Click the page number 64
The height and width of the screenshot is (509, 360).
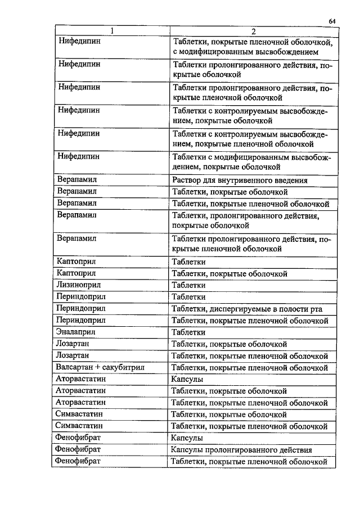tap(332, 21)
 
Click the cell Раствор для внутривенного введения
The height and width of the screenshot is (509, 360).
tap(240, 181)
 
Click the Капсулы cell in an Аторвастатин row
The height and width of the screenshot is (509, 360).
tap(187, 380)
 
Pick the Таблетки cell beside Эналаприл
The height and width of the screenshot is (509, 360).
tap(188, 332)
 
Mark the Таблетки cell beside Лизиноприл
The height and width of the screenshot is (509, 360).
tap(188, 285)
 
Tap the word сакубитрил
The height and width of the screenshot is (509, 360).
tap(123, 368)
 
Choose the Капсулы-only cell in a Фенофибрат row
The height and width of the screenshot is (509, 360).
tap(187, 438)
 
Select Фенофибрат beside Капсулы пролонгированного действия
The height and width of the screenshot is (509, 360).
tap(79, 450)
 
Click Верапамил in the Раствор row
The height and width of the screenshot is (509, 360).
tap(77, 181)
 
